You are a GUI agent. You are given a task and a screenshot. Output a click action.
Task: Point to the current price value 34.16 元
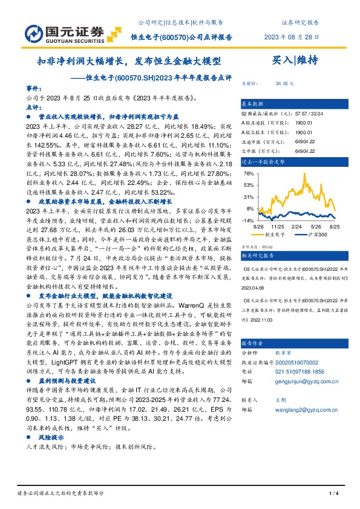[284, 84]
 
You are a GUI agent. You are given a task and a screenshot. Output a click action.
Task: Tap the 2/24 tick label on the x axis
[297, 227]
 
